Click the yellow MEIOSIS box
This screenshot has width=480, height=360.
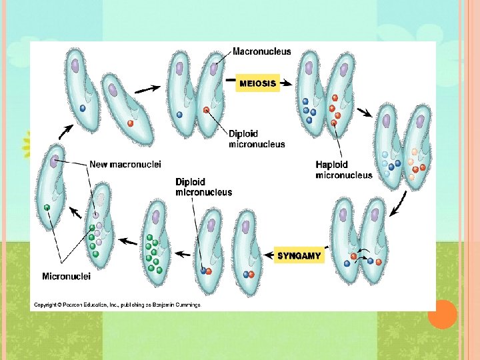point(257,83)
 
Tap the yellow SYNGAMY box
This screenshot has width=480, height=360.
point(299,255)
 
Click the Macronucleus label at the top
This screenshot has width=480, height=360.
point(261,52)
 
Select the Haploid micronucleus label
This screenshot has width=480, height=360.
point(344,170)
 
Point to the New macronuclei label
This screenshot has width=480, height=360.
point(125,164)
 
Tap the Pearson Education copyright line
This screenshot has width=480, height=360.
point(116,305)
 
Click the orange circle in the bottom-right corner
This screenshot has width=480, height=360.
point(442,314)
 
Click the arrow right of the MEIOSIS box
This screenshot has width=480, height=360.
point(286,83)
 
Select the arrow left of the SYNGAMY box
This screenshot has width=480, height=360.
point(267,256)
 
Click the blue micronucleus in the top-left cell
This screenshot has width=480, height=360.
point(83,107)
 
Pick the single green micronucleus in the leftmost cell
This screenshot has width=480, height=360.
point(47,207)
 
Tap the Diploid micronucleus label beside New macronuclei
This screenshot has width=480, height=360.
point(203,187)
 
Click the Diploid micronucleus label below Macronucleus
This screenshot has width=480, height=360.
point(256,138)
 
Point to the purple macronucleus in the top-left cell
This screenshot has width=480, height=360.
point(75,65)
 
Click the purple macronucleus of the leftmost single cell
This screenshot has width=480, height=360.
point(53,160)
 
